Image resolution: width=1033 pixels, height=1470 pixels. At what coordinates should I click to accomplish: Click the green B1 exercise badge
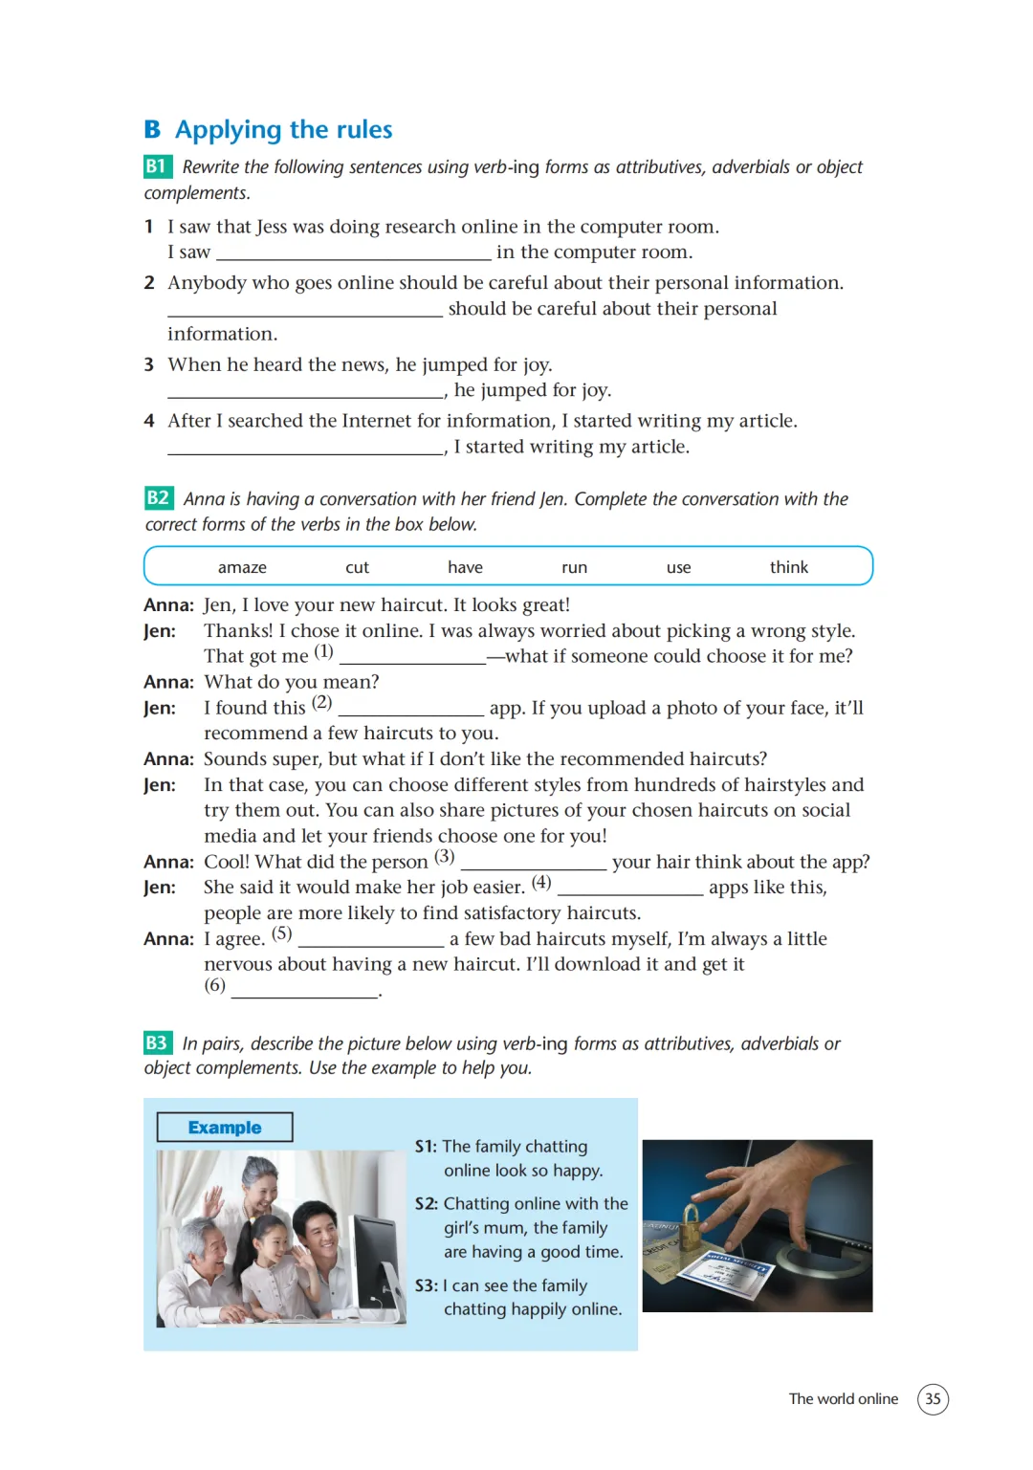pos(158,166)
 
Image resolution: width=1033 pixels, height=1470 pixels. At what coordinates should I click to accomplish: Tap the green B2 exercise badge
pos(159,498)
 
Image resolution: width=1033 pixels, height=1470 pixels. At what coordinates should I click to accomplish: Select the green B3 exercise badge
pos(158,1042)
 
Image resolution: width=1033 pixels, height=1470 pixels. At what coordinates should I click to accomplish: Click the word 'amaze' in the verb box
pos(242,567)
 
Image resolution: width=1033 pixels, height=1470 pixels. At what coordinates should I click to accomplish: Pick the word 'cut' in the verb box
pos(357,567)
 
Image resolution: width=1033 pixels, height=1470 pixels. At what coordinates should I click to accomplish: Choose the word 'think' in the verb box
pos(789,566)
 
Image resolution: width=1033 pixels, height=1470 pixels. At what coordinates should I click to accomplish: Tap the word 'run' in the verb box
pos(574,568)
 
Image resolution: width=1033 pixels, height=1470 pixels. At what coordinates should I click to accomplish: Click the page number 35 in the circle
pos(932,1398)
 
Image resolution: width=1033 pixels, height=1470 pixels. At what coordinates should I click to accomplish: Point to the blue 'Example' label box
pos(225,1127)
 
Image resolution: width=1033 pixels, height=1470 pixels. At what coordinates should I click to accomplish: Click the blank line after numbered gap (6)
pos(304,997)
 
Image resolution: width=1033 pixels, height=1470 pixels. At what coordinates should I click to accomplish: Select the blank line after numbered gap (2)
pos(411,714)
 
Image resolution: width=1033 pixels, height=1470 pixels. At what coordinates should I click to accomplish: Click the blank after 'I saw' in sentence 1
pos(354,259)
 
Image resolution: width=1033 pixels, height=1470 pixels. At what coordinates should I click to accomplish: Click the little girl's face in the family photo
pos(270,1236)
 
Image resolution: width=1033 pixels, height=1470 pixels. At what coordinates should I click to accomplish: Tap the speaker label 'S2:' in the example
pos(426,1203)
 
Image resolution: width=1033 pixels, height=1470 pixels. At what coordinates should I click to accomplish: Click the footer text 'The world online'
pos(843,1398)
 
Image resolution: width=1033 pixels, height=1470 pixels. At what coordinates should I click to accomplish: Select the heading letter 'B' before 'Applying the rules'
pos(152,129)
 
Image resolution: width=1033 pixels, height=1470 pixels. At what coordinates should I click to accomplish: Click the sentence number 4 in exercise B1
pos(149,421)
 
